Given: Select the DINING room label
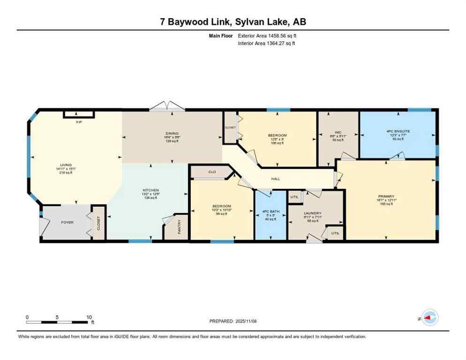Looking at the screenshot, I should [x=172, y=133].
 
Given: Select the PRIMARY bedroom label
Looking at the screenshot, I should [x=387, y=196].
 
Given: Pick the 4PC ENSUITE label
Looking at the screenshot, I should [x=398, y=131].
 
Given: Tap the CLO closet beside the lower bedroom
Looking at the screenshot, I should [x=212, y=172].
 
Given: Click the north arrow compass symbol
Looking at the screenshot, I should [x=428, y=318].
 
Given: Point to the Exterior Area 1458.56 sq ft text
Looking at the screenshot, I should [x=266, y=36].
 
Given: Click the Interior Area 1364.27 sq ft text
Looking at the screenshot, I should [x=266, y=43].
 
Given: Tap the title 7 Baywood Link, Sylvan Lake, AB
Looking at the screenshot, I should [x=233, y=22].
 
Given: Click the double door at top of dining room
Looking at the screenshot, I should [x=164, y=106].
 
